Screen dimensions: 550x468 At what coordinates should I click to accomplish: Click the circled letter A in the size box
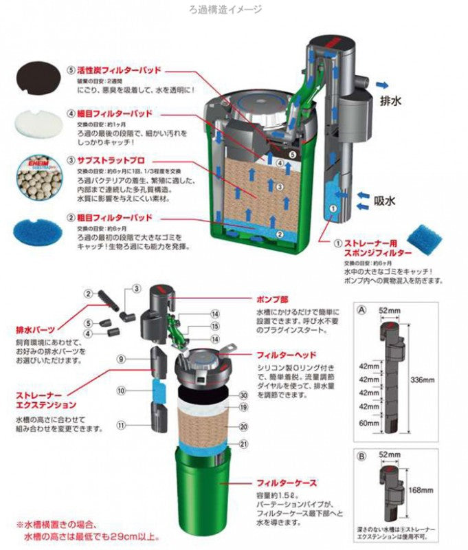click(361, 310)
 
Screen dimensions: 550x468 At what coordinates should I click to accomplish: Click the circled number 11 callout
click(120, 426)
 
